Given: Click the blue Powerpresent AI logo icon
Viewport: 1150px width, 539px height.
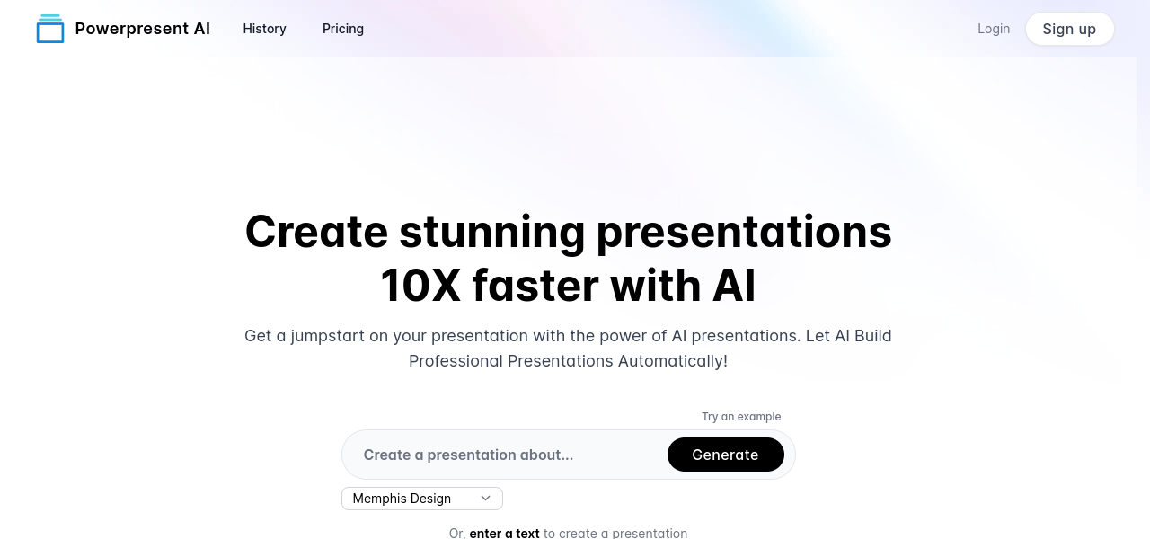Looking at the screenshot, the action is point(50,29).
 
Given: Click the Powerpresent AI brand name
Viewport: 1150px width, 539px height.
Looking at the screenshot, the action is point(143,29).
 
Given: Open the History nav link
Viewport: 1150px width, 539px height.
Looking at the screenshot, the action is point(264,29).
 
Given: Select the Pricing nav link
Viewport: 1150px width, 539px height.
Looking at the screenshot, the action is point(343,29).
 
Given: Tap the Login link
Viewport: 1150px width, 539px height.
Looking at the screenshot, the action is point(994,29).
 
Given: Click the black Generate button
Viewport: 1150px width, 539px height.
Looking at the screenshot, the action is point(725,455).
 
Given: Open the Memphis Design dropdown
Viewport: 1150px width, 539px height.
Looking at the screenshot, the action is point(422,499).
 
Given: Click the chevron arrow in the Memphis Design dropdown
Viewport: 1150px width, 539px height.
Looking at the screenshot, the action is point(485,499).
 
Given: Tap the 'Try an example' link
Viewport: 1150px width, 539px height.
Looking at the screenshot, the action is point(741,417).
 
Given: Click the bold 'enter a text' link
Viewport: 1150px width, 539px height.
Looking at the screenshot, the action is point(504,534).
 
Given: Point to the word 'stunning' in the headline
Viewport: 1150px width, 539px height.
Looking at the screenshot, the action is point(491,233).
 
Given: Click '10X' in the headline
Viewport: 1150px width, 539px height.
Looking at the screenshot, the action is point(420,286).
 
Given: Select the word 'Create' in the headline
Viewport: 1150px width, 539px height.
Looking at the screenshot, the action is point(316,232).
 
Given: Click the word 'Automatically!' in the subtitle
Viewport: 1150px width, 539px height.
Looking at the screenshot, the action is point(673,361).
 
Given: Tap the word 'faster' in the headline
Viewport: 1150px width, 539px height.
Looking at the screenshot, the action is point(535,286).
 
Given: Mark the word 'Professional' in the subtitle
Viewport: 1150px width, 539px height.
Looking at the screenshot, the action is point(456,361).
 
